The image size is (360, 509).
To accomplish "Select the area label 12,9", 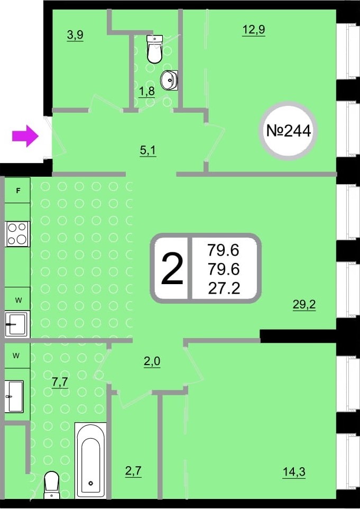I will (x=253, y=30).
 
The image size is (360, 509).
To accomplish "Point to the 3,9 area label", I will (x=75, y=35).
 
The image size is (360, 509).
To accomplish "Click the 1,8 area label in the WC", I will (x=146, y=90).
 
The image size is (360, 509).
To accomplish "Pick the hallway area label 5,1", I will (x=147, y=150).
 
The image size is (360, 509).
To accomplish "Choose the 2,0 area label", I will (x=152, y=362).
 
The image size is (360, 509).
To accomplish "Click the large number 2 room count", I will (x=172, y=269).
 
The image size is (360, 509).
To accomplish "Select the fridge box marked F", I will (x=18, y=191).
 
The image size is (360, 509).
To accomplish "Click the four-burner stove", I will (x=17, y=234).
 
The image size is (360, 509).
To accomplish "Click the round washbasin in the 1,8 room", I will (x=170, y=80).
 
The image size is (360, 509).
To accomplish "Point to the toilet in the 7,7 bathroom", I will (x=51, y=484).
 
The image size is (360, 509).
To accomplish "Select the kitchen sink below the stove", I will (x=17, y=324).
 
